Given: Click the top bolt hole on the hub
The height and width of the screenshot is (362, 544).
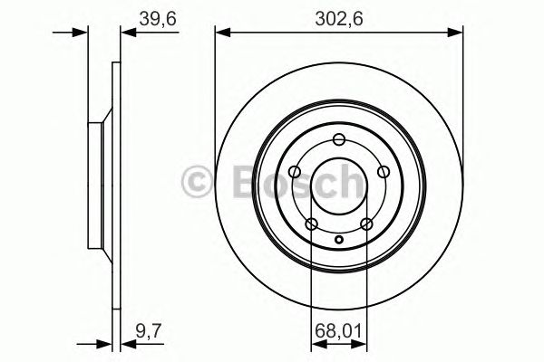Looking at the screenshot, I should tap(339, 139).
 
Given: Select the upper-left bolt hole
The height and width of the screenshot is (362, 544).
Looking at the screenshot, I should tap(296, 171).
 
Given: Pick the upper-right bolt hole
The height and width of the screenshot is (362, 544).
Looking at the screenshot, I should tap(383, 171).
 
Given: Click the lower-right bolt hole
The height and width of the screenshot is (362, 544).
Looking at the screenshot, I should tap(366, 224).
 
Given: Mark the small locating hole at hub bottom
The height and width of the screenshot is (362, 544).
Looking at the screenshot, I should tap(339, 240).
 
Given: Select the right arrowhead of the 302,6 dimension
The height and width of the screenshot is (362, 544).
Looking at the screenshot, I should tap(457, 33).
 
